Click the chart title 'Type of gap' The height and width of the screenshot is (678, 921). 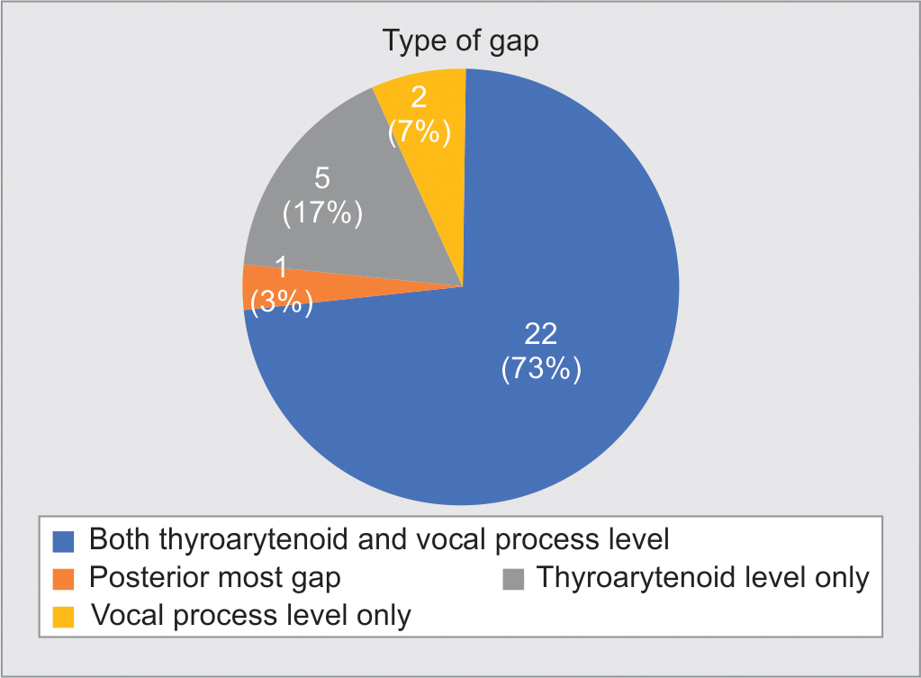coord(461,42)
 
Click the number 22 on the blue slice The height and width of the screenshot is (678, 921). coord(540,334)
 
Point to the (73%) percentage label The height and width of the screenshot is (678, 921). coord(541,369)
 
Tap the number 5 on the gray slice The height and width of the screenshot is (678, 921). coord(322,178)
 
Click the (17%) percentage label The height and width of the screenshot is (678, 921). coord(322,212)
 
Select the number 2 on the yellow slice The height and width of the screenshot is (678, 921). coord(419,97)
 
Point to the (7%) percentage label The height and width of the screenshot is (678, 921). coord(420,131)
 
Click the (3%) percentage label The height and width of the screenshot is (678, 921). coord(282,302)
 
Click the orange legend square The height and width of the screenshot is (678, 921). coord(63,579)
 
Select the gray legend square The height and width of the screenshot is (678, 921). coord(513,579)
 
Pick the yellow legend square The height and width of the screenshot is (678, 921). coord(63,617)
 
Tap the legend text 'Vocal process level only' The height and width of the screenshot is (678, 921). coord(251,616)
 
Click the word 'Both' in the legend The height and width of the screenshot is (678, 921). coord(119,539)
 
